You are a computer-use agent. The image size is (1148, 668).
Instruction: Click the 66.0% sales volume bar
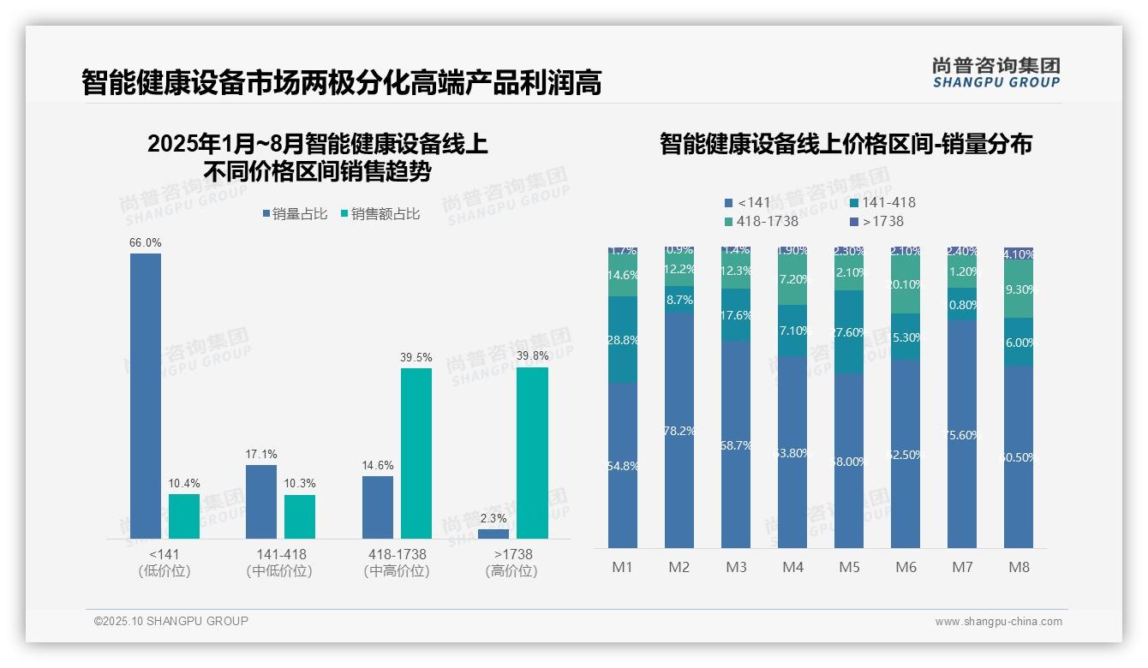tap(145, 396)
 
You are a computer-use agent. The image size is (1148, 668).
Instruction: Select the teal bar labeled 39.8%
tap(532, 453)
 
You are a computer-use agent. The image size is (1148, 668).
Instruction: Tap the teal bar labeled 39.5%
tap(416, 453)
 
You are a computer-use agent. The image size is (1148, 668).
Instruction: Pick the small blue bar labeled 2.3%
tap(493, 534)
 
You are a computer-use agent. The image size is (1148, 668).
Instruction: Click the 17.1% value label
tap(261, 454)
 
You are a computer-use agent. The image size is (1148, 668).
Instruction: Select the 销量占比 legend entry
tap(294, 214)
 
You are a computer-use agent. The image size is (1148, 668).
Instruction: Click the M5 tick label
tap(849, 567)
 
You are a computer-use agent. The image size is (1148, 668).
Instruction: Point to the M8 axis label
tap(1019, 567)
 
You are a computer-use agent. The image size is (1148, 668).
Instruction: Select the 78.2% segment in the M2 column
tap(679, 430)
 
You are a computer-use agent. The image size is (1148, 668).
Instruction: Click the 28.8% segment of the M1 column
tap(622, 340)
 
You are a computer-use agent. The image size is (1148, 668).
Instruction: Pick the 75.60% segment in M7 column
tap(962, 434)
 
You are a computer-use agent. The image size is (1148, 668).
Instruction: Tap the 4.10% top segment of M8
tap(1019, 253)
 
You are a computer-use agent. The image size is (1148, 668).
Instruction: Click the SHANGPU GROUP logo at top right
tap(996, 73)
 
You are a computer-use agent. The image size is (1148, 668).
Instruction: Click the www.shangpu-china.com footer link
tap(998, 622)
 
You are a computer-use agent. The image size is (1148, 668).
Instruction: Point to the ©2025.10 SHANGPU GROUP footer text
tap(171, 621)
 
